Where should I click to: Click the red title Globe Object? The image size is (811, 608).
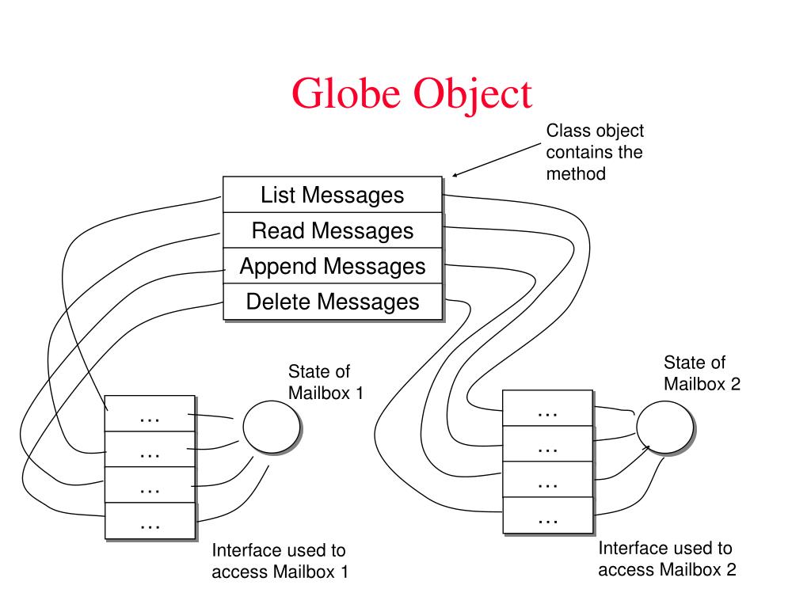(x=411, y=93)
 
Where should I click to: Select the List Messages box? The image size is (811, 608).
(x=332, y=195)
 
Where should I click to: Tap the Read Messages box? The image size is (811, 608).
(x=332, y=230)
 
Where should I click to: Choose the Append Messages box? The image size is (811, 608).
(x=332, y=266)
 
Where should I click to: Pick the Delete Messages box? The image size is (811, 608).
(x=332, y=302)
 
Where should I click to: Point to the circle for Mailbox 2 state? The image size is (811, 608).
(x=664, y=426)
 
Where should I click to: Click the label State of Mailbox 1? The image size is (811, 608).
(x=326, y=382)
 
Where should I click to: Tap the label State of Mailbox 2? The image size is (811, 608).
(x=702, y=373)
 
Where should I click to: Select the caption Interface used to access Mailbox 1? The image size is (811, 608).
(x=279, y=560)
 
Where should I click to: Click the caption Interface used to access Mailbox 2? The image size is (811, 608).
(x=667, y=558)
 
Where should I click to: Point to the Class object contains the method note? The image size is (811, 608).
(x=594, y=152)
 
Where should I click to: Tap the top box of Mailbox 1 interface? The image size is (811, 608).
(x=150, y=413)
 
